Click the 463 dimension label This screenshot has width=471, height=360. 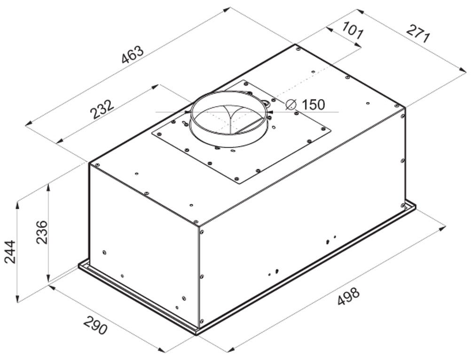click(133, 55)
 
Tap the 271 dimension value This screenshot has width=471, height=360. click(418, 33)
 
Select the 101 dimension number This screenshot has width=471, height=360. click(353, 30)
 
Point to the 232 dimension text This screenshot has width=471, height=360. click(102, 109)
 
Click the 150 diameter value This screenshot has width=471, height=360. click(313, 104)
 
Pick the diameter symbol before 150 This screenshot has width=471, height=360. click(291, 104)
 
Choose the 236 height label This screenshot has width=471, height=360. click(41, 232)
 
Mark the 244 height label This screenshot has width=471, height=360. click(10, 252)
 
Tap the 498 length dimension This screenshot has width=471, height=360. click(348, 297)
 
